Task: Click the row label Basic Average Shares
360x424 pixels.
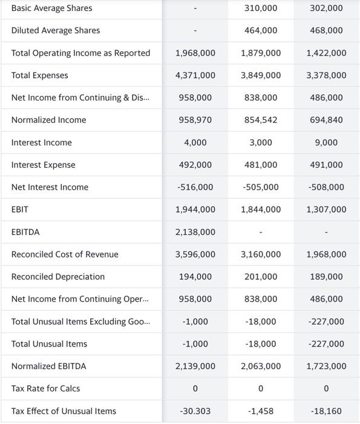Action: [52, 8]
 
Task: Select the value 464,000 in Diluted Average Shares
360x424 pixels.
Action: [261, 30]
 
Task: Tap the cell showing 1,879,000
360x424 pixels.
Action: [261, 53]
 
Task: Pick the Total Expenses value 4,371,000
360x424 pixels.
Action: [195, 75]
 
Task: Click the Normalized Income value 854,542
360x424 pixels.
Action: [261, 120]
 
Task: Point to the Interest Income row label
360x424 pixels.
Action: [42, 142]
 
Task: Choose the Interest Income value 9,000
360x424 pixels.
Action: [326, 142]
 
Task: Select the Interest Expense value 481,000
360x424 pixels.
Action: [261, 165]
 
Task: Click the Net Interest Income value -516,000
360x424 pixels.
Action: [195, 187]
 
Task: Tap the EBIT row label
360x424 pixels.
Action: [20, 210]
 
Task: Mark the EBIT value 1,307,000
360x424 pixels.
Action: [326, 210]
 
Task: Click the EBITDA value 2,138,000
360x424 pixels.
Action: [195, 232]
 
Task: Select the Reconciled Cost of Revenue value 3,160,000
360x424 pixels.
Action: [261, 254]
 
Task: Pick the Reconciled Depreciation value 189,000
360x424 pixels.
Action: [326, 277]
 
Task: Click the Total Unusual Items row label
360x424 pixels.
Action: [49, 344]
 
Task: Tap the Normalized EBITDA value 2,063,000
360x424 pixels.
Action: [261, 366]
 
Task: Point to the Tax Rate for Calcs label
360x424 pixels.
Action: [46, 388]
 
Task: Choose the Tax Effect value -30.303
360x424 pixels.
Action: [195, 411]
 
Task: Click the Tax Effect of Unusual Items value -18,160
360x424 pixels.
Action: [326, 411]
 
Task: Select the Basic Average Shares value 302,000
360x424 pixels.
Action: [326, 8]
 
